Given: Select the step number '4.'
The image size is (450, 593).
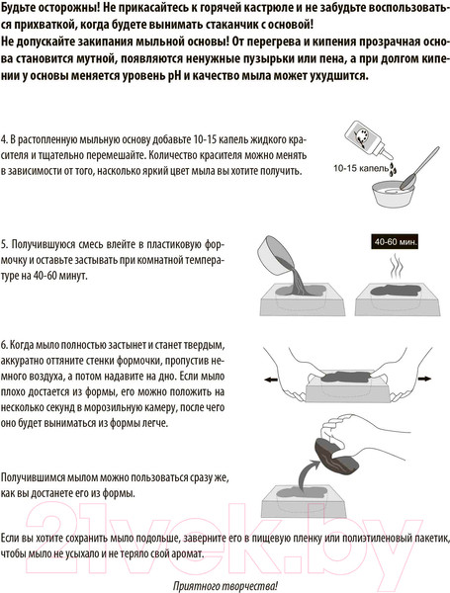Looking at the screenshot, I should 6,137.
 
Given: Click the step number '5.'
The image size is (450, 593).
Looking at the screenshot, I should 6,242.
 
